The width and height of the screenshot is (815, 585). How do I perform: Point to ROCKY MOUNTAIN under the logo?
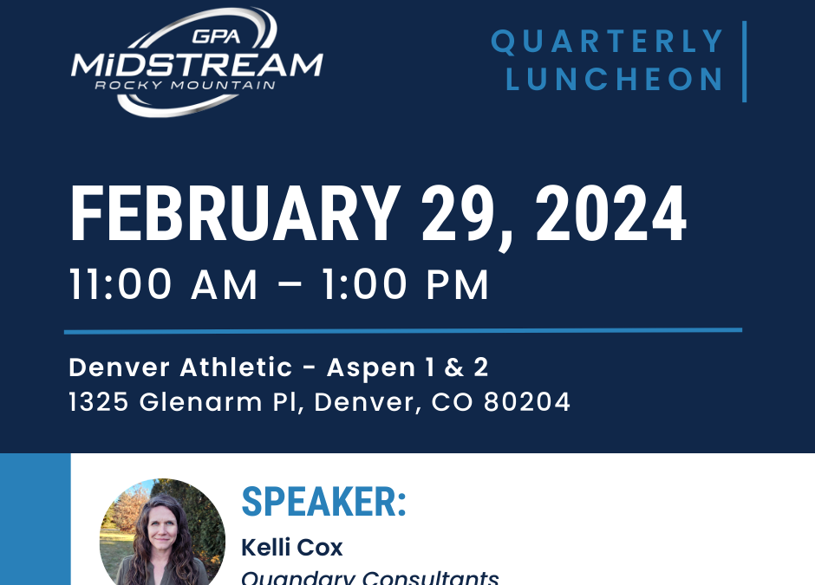186,85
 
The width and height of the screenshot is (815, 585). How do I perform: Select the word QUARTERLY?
608,41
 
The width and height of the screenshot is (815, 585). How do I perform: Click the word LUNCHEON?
616,79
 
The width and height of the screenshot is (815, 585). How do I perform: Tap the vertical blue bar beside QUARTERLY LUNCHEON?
744,61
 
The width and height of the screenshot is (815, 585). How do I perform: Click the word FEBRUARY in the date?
235,216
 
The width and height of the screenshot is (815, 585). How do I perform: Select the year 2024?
610,216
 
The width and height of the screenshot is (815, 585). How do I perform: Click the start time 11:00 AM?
164,285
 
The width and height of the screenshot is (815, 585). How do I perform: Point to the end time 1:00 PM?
404,285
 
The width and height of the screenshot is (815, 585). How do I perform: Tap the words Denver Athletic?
180,367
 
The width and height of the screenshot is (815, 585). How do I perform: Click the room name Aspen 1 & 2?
407,367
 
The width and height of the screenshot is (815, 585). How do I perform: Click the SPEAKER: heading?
323,502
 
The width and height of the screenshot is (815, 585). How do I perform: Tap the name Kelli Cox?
291,548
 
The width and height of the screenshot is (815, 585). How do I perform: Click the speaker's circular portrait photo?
162,536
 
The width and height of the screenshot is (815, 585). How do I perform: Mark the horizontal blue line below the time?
403,330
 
